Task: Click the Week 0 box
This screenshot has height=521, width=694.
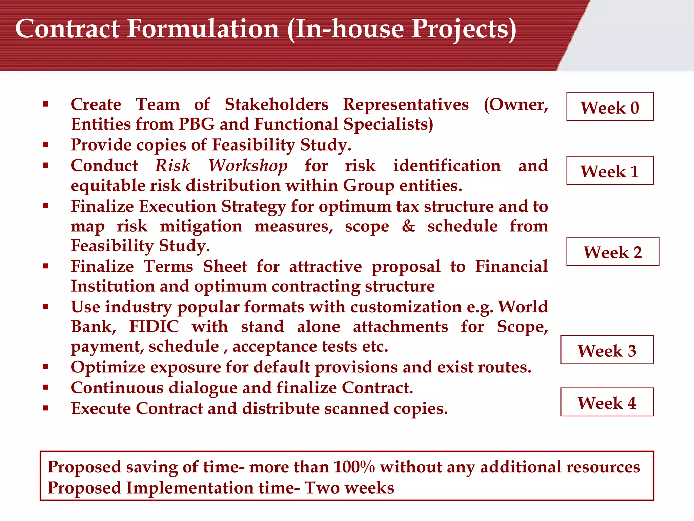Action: click(x=610, y=107)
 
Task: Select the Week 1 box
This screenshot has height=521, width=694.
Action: click(x=610, y=171)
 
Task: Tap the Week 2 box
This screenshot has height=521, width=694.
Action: click(x=612, y=252)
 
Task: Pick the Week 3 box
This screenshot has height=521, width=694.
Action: click(x=607, y=350)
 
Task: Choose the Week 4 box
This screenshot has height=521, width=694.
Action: click(x=607, y=402)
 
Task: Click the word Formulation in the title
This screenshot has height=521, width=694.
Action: click(x=203, y=28)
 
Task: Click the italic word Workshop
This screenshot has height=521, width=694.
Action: click(x=248, y=166)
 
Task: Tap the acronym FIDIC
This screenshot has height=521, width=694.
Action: click(x=154, y=327)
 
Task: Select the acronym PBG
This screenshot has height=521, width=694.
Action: click(x=196, y=124)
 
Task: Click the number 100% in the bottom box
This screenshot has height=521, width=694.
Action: click(x=354, y=467)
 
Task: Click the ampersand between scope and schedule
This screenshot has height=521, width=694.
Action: click(x=408, y=226)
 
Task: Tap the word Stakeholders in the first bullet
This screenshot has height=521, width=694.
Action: click(x=277, y=104)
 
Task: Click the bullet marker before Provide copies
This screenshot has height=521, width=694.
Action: click(x=46, y=145)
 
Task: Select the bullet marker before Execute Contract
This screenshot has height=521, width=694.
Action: click(x=46, y=408)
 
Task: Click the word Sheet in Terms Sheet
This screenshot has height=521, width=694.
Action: click(x=225, y=266)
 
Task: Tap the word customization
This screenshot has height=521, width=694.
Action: click(x=406, y=307)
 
